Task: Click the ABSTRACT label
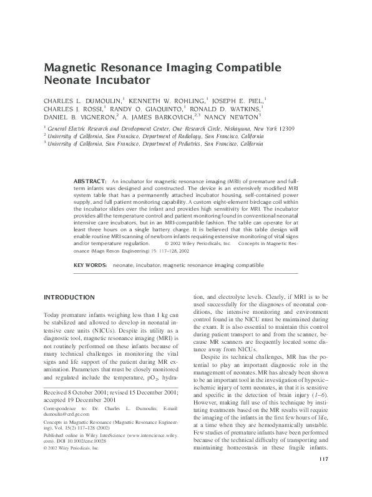click(x=90, y=180)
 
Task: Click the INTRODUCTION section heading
click(x=69, y=296)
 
